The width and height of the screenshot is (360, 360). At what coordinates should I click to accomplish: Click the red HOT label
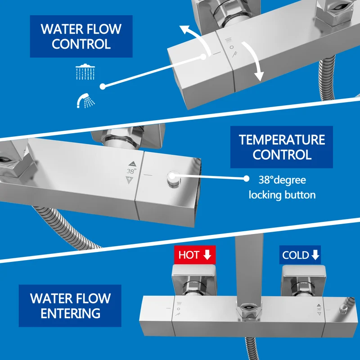pyautogui.click(x=195, y=255)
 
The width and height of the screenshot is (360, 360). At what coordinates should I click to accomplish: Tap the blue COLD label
pyautogui.click(x=300, y=255)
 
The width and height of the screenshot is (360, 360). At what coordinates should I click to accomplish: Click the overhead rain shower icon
pyautogui.click(x=85, y=72)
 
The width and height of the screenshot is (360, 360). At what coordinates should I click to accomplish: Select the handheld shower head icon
pyautogui.click(x=85, y=100)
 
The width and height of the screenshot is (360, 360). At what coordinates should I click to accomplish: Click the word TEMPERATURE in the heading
pyautogui.click(x=282, y=139)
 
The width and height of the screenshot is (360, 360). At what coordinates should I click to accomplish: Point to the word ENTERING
pyautogui.click(x=71, y=313)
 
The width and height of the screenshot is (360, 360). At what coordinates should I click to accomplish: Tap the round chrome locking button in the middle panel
pyautogui.click(x=174, y=178)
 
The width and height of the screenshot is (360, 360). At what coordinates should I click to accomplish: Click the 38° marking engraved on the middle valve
pyautogui.click(x=131, y=171)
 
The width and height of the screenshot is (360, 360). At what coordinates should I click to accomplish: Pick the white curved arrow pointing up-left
pyautogui.click(x=200, y=38)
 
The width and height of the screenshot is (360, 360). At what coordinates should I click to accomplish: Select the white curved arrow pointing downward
pyautogui.click(x=255, y=58)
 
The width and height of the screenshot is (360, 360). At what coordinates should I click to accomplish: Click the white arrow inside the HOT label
pyautogui.click(x=207, y=255)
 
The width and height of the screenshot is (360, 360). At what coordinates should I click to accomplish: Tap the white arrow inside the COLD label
pyautogui.click(x=315, y=255)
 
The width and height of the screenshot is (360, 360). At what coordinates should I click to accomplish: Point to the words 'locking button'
pyautogui.click(x=282, y=195)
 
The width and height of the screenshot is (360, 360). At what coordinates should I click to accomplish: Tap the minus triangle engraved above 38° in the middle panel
pyautogui.click(x=132, y=164)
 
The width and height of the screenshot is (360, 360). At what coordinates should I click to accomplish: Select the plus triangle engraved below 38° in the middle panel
pyautogui.click(x=130, y=180)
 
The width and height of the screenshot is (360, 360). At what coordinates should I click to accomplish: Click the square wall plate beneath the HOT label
pyautogui.click(x=194, y=279)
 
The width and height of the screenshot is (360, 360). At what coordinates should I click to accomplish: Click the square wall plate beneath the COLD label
pyautogui.click(x=303, y=280)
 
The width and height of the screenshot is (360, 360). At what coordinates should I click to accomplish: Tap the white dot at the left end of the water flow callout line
pyautogui.click(x=103, y=86)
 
